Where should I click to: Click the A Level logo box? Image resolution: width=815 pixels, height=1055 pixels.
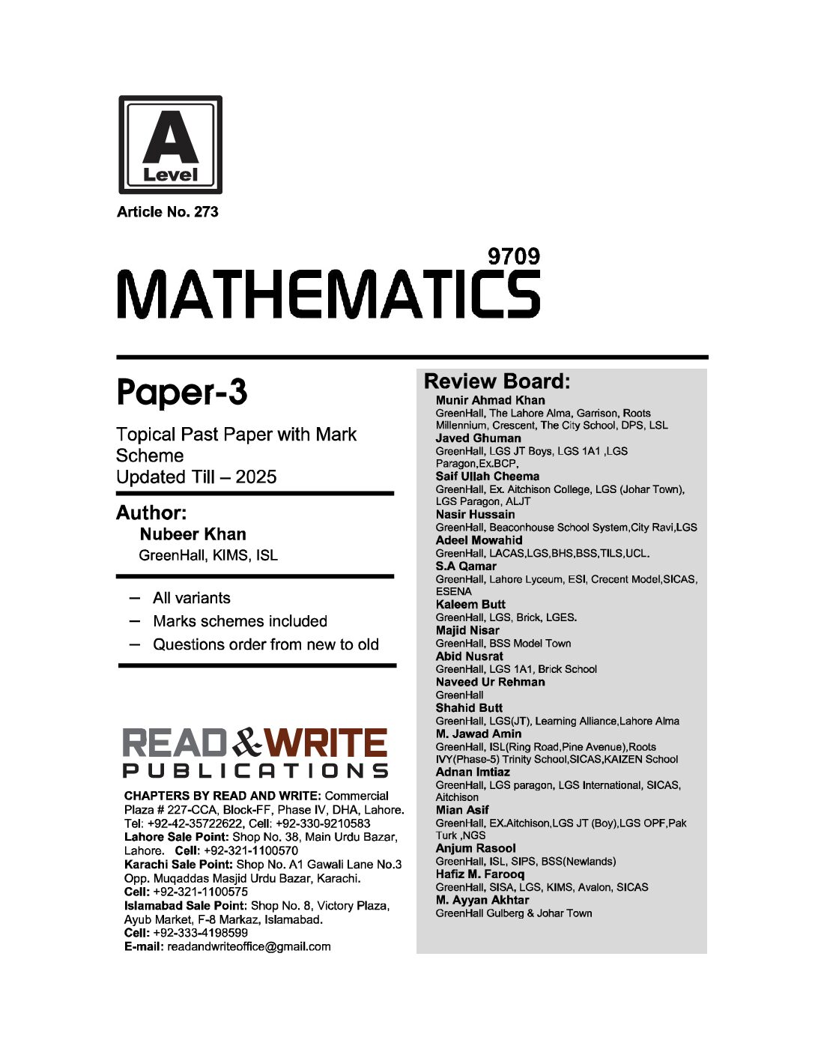(170, 145)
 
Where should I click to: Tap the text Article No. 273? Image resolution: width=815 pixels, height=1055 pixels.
(168, 212)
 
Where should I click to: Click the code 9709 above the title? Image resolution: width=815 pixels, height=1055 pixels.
(513, 256)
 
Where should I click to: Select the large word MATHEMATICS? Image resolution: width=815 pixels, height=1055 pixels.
(328, 294)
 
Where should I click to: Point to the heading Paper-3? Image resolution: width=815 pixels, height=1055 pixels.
(182, 392)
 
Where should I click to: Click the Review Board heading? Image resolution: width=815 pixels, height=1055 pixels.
(497, 381)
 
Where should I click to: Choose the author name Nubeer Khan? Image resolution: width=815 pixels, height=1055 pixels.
(193, 534)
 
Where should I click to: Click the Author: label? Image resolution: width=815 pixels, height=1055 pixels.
(151, 513)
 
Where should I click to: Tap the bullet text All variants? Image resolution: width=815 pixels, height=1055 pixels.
(191, 598)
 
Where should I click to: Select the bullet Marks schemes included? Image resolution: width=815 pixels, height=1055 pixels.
(240, 621)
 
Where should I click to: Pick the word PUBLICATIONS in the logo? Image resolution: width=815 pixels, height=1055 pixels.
(255, 771)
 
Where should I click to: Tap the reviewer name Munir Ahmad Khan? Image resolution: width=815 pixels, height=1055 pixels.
(490, 400)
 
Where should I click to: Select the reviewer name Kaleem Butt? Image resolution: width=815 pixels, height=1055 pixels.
(470, 604)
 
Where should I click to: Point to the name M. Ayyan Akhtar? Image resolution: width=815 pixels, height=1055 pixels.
(482, 900)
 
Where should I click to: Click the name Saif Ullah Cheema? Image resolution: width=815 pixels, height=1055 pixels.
(487, 477)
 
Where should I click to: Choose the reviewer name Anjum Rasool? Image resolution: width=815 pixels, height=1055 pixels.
(476, 848)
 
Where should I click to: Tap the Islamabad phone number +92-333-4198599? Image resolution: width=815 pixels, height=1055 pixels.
(200, 933)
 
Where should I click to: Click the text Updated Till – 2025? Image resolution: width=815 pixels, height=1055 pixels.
(196, 477)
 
